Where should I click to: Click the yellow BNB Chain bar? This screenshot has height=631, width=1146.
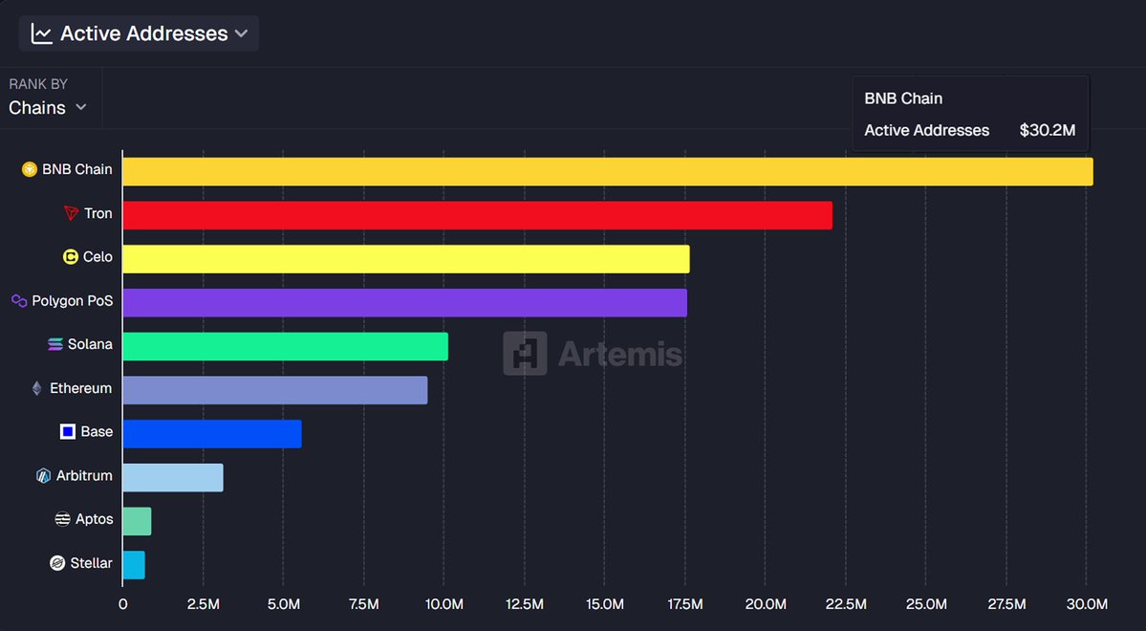607,172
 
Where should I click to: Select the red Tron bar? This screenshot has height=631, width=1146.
477,215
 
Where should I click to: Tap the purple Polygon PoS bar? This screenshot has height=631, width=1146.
404,303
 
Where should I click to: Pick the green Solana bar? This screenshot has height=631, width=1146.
285,346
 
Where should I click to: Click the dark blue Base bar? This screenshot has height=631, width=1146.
211,434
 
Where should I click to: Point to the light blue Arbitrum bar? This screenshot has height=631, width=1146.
172,478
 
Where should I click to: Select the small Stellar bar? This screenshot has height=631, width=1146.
134,565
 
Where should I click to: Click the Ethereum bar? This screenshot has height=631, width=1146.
274,390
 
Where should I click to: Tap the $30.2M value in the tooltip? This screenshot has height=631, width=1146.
1047,130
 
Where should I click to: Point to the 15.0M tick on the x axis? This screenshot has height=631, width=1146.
605,604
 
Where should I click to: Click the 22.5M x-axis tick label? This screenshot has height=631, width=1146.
846,604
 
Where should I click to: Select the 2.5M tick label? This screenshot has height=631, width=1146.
203,604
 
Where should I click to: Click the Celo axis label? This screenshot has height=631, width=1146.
97,257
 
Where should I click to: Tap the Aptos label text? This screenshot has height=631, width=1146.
95,519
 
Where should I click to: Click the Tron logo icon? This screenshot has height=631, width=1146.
71,213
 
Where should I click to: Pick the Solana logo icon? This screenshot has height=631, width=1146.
55,344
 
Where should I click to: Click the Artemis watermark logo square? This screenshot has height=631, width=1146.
525,354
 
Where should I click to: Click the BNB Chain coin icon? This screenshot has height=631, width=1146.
30,170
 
